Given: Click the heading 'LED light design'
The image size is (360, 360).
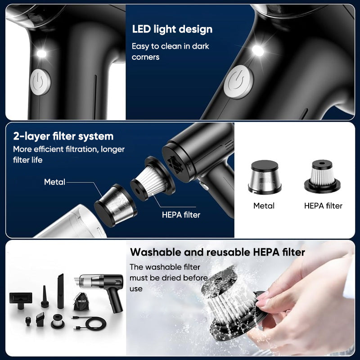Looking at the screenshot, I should tap(172, 30).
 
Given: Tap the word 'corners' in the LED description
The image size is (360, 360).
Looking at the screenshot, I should tap(145, 57).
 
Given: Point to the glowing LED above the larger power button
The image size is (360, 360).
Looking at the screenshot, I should tap(258, 50).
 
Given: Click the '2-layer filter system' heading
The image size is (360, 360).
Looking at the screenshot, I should tap(63, 136).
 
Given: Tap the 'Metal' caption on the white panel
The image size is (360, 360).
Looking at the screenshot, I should tap(264, 206).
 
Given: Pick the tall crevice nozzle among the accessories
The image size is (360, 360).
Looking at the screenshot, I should tap(61, 285).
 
